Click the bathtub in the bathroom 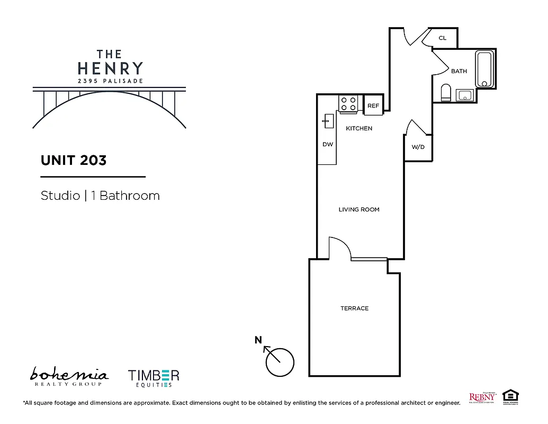(x=484, y=69)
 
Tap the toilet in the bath (x=446, y=93)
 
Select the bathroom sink (x=465, y=95)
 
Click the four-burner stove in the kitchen (x=348, y=103)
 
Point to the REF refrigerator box (x=373, y=105)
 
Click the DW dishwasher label (x=328, y=144)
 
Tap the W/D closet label (x=418, y=147)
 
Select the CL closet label (x=443, y=38)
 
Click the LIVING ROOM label (x=359, y=209)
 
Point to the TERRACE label (x=354, y=308)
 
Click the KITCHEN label (x=359, y=128)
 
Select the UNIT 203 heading (x=74, y=160)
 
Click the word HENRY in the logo (x=110, y=68)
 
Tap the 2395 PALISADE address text (x=110, y=81)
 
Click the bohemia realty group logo (x=69, y=376)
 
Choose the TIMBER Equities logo (x=154, y=378)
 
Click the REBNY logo (x=482, y=397)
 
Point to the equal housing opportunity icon (x=510, y=396)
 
